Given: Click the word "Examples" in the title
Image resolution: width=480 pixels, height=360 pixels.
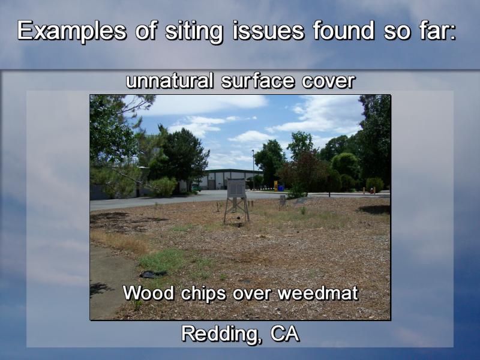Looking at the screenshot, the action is pyautogui.click(x=71, y=31).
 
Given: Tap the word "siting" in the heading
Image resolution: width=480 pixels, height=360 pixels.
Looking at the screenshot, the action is pyautogui.click(x=194, y=31).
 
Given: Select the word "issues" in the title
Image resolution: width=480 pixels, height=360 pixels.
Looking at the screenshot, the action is pyautogui.click(x=268, y=31).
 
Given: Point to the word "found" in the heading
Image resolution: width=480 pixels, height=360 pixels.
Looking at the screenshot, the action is pyautogui.click(x=343, y=30).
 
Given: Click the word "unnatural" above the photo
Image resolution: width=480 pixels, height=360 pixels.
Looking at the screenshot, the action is pyautogui.click(x=170, y=81).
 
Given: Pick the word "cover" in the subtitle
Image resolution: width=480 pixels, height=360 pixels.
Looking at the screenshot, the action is pyautogui.click(x=328, y=82).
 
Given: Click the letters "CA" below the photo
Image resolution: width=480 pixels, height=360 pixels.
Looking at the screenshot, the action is pyautogui.click(x=284, y=334).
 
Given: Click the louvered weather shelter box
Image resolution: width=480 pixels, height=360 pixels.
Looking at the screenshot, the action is pyautogui.click(x=236, y=188).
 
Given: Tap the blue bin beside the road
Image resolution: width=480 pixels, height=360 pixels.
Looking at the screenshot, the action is pyautogui.click(x=281, y=187).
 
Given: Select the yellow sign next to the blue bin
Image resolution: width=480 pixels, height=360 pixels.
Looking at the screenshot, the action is pyautogui.click(x=276, y=185).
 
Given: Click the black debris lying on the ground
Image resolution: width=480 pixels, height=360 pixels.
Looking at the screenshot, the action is pyautogui.click(x=153, y=274).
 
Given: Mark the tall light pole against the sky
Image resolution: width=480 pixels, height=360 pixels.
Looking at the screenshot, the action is pyautogui.click(x=253, y=170).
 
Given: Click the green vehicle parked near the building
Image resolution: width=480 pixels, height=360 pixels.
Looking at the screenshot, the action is pyautogui.click(x=196, y=188).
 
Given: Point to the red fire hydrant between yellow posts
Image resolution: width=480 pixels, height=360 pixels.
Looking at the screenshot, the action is pyautogui.click(x=372, y=190).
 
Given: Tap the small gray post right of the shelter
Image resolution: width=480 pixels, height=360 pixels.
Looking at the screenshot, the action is pyautogui.click(x=282, y=201).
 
